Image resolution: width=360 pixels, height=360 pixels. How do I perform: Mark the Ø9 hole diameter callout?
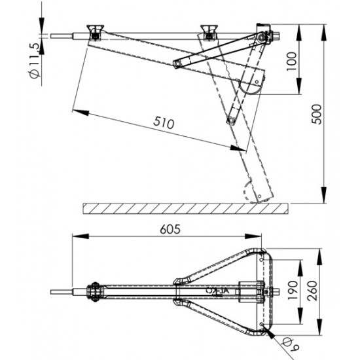click(287, 341)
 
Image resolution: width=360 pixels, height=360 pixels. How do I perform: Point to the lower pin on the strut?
click(230, 120)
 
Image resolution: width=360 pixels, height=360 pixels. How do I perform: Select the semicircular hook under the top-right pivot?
click(253, 84)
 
